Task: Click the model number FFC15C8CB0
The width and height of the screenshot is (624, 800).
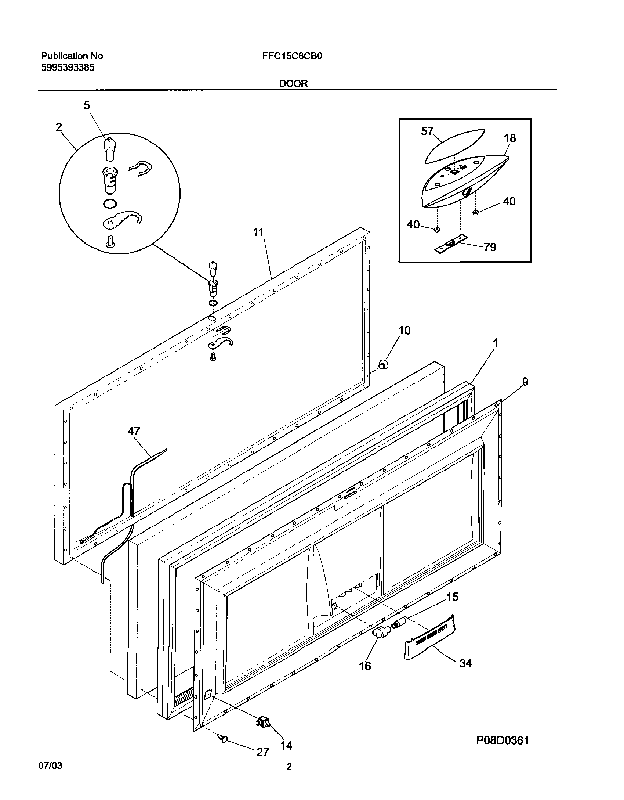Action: tap(292, 56)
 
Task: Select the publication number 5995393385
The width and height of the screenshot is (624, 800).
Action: tap(68, 68)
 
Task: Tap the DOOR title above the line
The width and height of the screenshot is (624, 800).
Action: tap(293, 84)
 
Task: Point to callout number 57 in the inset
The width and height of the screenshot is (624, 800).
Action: tap(427, 131)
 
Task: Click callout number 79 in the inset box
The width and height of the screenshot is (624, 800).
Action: tap(490, 247)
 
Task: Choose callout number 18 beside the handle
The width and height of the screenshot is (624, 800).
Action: tap(510, 138)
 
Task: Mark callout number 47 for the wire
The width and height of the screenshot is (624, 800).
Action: tap(134, 431)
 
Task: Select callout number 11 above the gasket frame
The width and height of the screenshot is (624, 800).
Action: tap(258, 232)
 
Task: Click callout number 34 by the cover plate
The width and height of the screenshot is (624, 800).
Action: tap(465, 663)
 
